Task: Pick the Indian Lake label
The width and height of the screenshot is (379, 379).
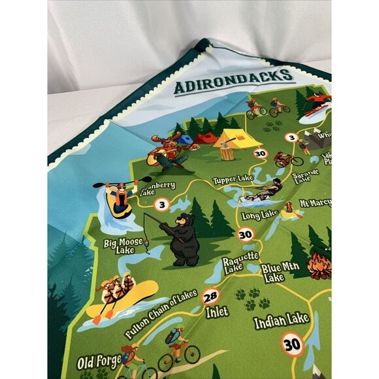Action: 282,321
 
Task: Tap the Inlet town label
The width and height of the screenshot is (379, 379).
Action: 217,312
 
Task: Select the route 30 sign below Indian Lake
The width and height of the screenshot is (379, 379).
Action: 293,344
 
